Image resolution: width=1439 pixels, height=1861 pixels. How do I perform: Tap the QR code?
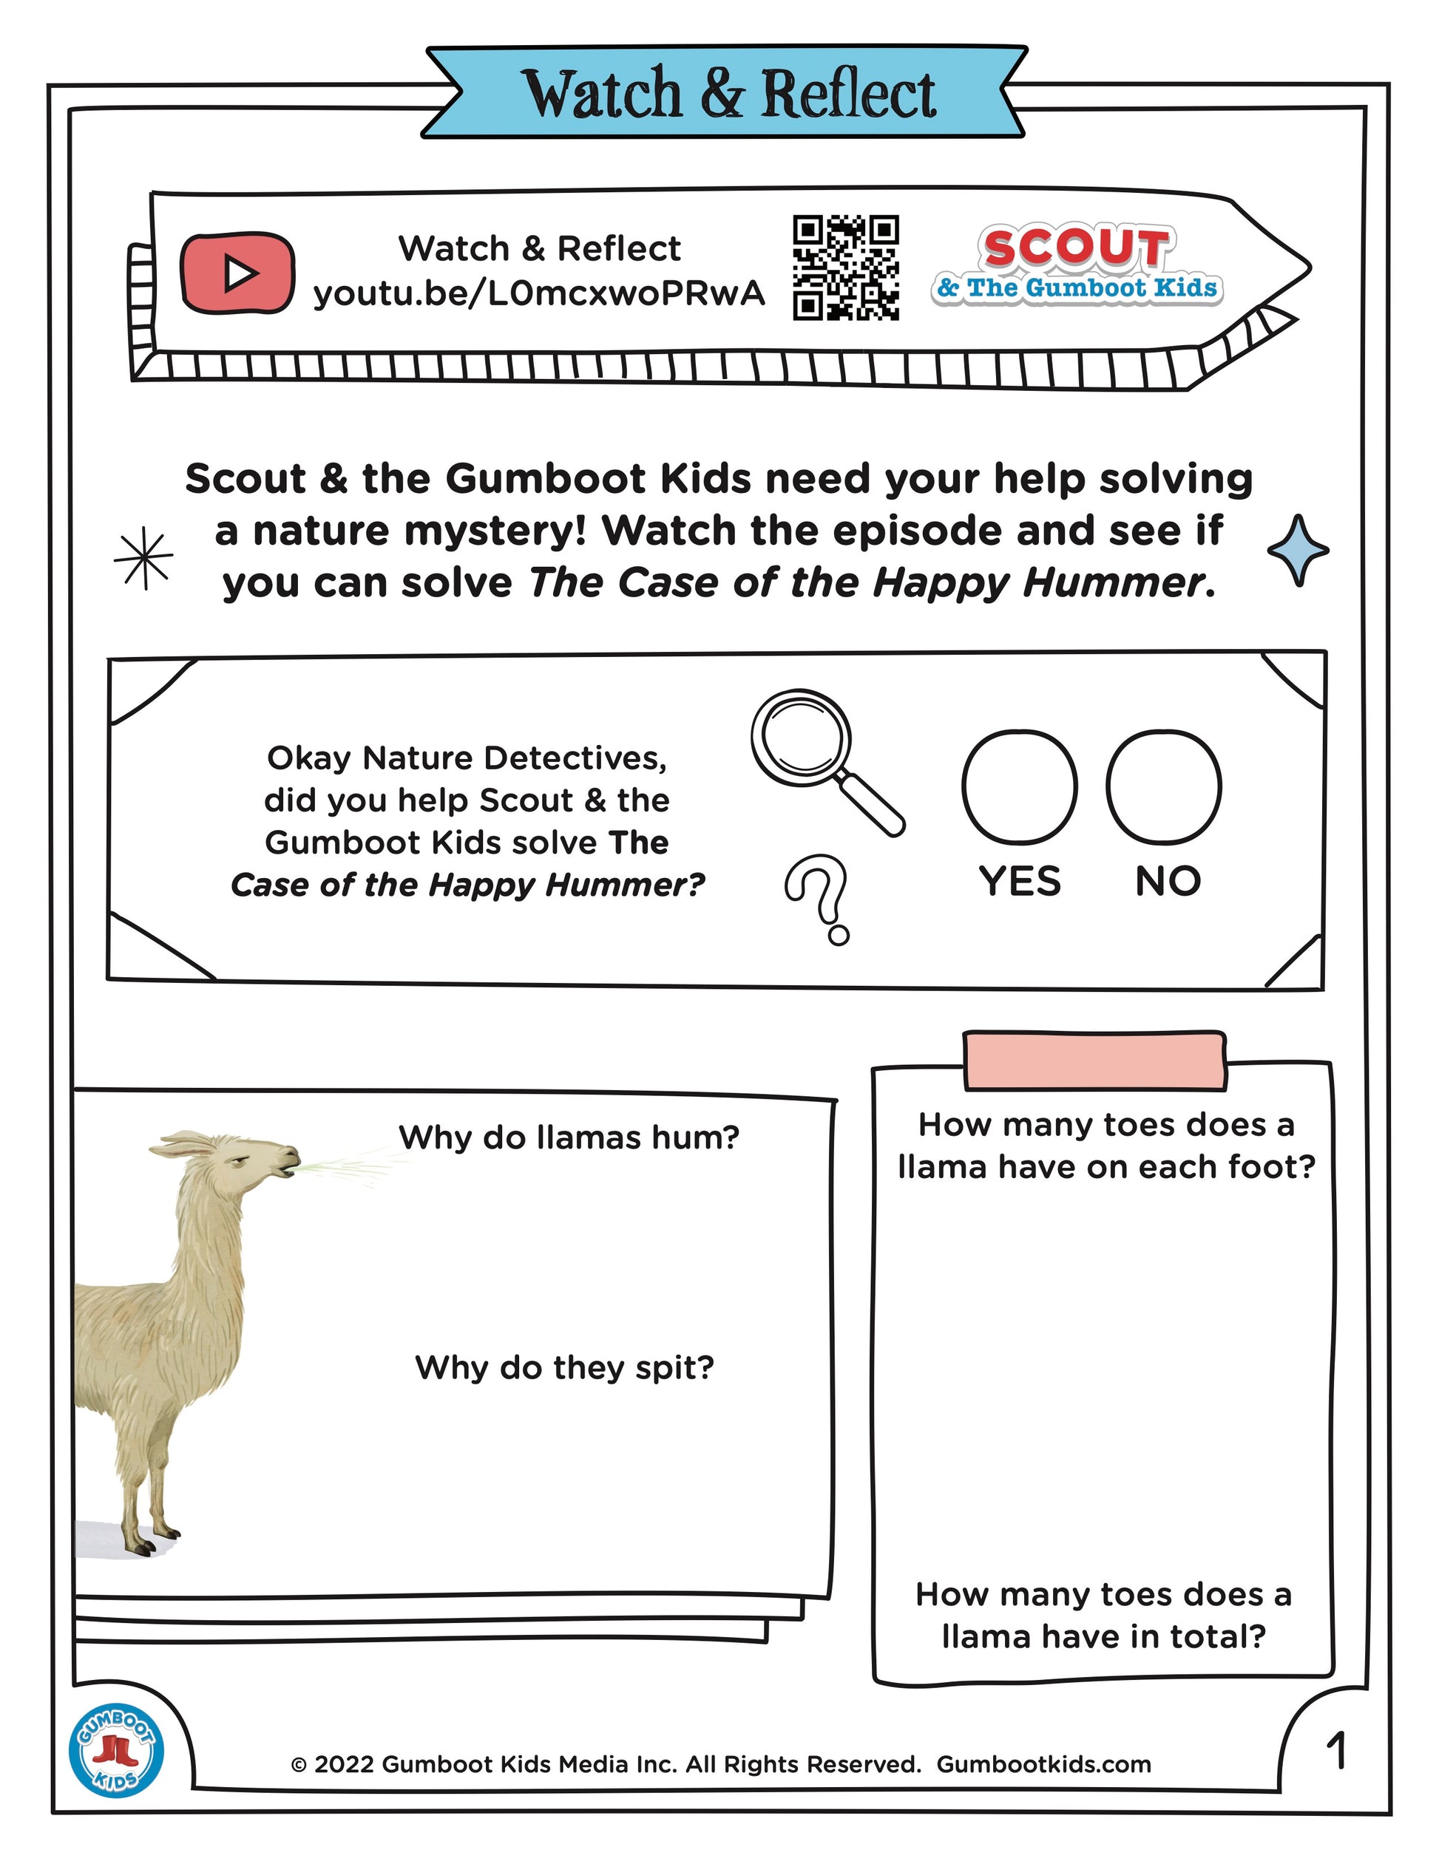coord(846,268)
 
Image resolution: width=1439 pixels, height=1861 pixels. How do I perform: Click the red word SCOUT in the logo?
coord(1076,248)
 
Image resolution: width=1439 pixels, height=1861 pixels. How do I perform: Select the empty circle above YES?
coord(1020,786)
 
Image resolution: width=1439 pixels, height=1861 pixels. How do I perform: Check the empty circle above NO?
coord(1164,786)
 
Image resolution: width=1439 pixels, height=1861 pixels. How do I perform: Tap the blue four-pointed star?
coord(1298,550)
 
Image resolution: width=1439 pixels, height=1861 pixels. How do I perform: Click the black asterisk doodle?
coord(144,557)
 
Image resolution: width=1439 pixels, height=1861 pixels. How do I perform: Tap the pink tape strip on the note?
coord(1094,1061)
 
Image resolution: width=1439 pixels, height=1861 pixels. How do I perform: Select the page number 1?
coord(1336,1751)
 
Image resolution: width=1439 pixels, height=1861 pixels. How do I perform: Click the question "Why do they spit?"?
coord(564,1367)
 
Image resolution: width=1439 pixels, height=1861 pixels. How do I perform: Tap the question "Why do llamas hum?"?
coord(569,1137)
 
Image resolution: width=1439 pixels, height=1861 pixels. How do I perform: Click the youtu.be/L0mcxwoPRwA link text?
coord(539,293)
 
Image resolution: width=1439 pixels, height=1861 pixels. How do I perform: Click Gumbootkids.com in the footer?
coord(1043,1764)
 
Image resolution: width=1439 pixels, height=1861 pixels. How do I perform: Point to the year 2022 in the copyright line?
coord(345,1764)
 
